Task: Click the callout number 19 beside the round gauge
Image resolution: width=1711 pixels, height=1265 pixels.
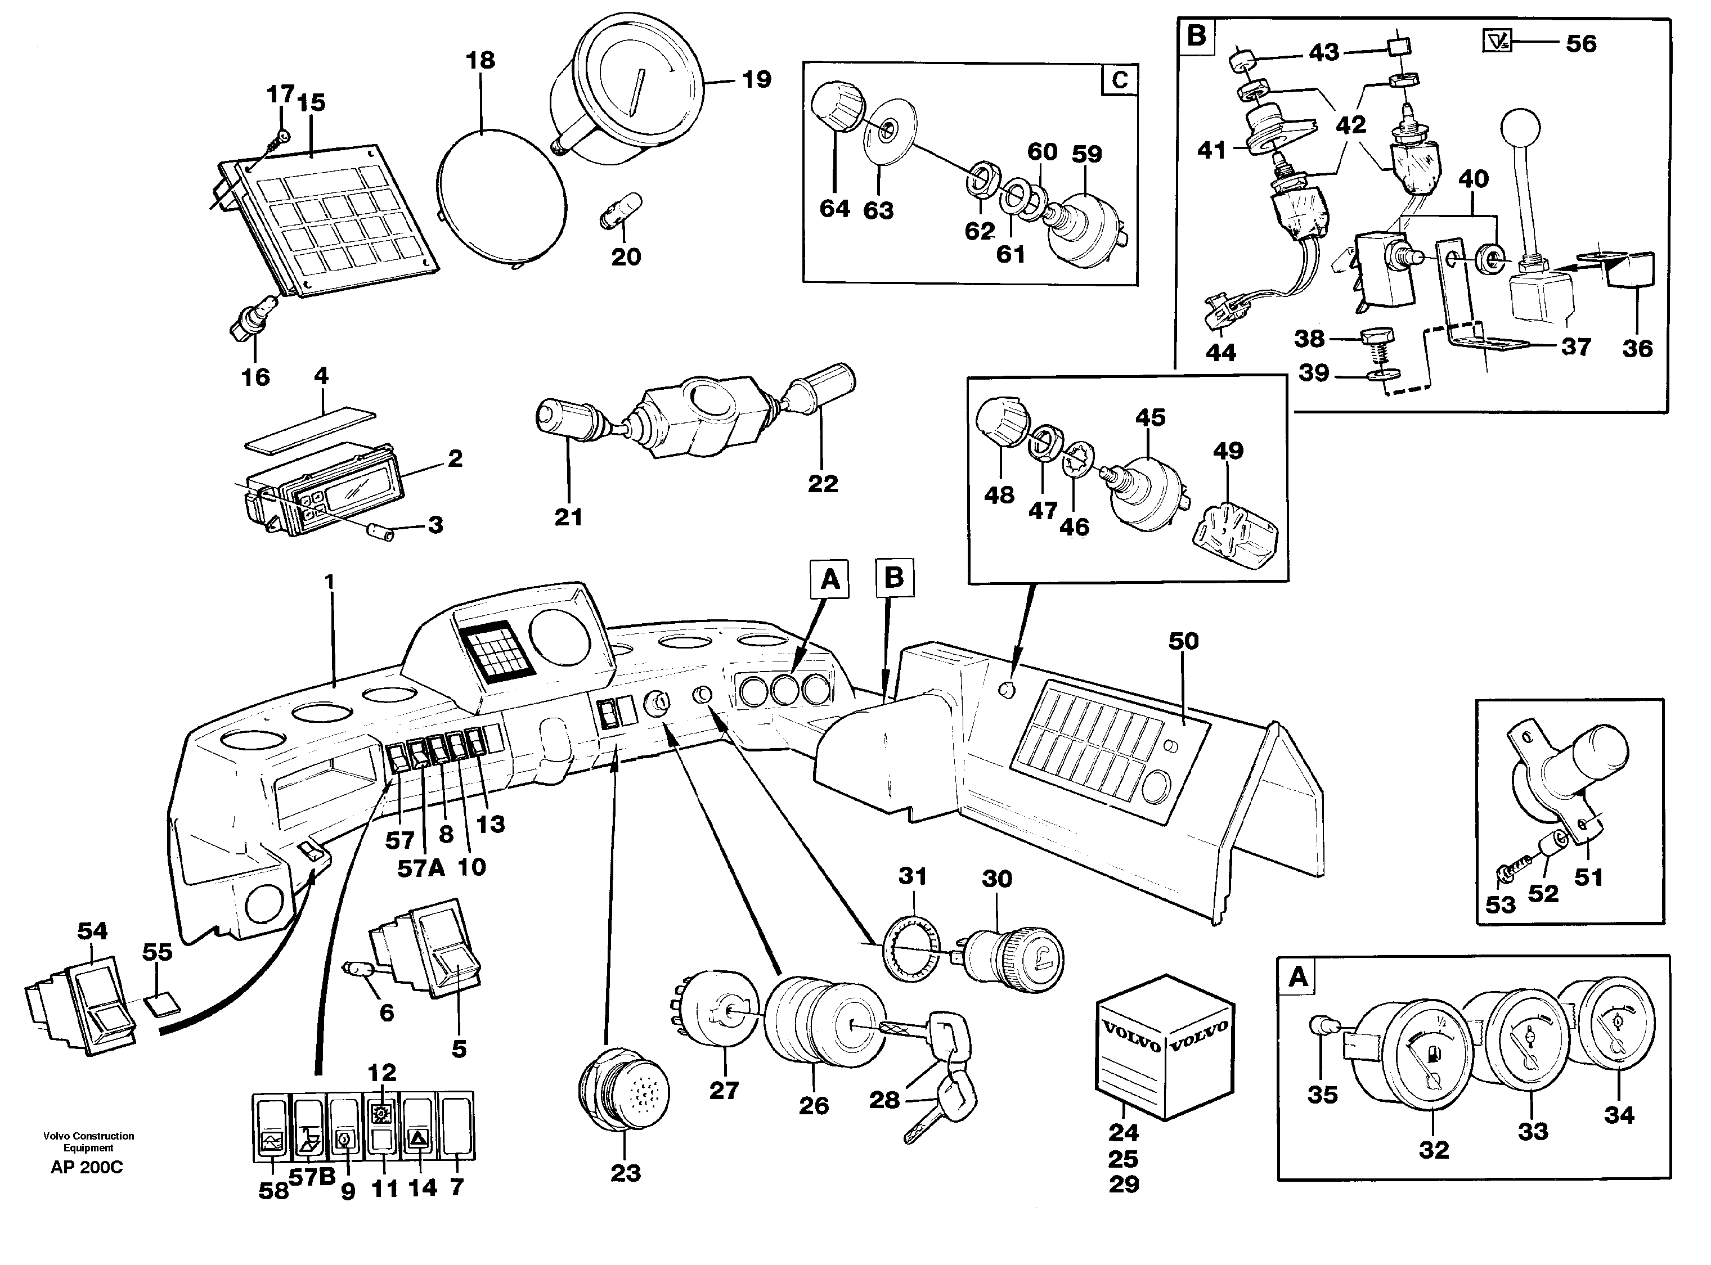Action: point(756,80)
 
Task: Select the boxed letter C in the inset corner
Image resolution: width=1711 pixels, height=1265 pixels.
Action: point(1119,80)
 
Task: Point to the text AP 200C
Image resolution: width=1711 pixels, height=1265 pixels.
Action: point(87,1168)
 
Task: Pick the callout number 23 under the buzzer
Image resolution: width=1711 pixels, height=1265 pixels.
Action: point(625,1173)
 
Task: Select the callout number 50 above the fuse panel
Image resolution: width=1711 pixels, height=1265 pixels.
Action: point(1183,641)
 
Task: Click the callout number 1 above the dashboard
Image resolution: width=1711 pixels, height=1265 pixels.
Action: point(330,582)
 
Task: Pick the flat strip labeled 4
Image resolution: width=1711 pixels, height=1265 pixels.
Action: point(310,430)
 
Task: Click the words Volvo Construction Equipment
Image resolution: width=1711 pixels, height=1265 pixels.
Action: point(88,1142)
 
